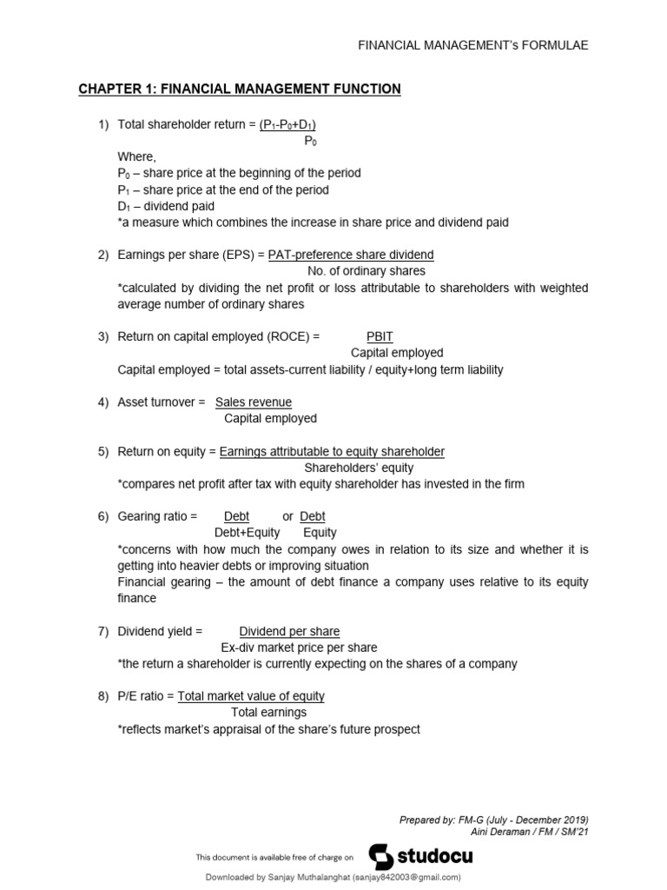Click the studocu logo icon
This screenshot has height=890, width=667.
[381, 856]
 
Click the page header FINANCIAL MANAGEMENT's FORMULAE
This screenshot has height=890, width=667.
[473, 45]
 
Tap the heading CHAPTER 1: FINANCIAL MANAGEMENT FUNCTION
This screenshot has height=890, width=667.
[240, 89]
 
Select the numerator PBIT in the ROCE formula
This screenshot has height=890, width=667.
[380, 335]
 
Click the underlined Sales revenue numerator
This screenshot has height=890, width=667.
[254, 402]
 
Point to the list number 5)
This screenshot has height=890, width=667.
[102, 451]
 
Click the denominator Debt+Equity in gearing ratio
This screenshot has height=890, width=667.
[248, 533]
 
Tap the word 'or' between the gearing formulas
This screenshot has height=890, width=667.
[288, 516]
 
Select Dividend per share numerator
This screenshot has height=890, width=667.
[289, 631]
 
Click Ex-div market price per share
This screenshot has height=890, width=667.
[299, 648]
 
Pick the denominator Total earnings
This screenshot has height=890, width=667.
[268, 713]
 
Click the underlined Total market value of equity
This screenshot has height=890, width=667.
[251, 695]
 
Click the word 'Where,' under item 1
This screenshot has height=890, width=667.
[137, 156]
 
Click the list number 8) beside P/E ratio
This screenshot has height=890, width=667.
[102, 695]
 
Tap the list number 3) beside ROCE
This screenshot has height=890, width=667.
[102, 335]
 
